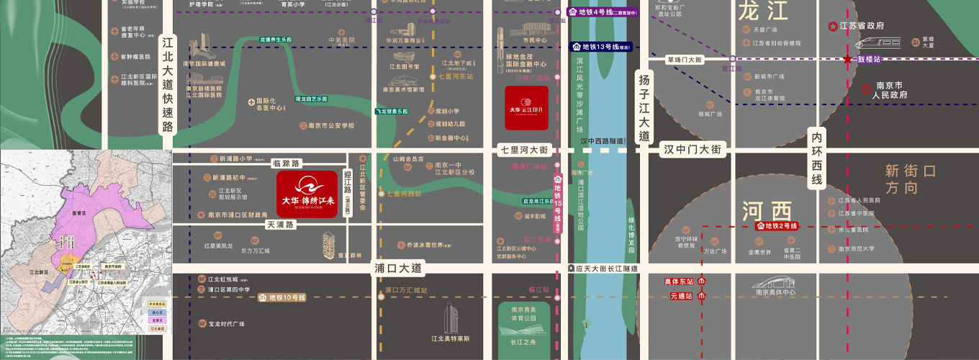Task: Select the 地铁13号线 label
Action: [601, 47]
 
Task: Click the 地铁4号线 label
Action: [602, 12]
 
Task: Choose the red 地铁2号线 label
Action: [777, 226]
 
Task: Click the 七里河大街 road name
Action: [524, 150]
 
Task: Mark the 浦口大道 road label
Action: [397, 268]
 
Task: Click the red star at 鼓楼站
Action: [849, 59]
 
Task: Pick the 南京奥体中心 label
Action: [775, 292]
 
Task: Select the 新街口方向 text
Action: [911, 179]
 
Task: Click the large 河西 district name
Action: [767, 211]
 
